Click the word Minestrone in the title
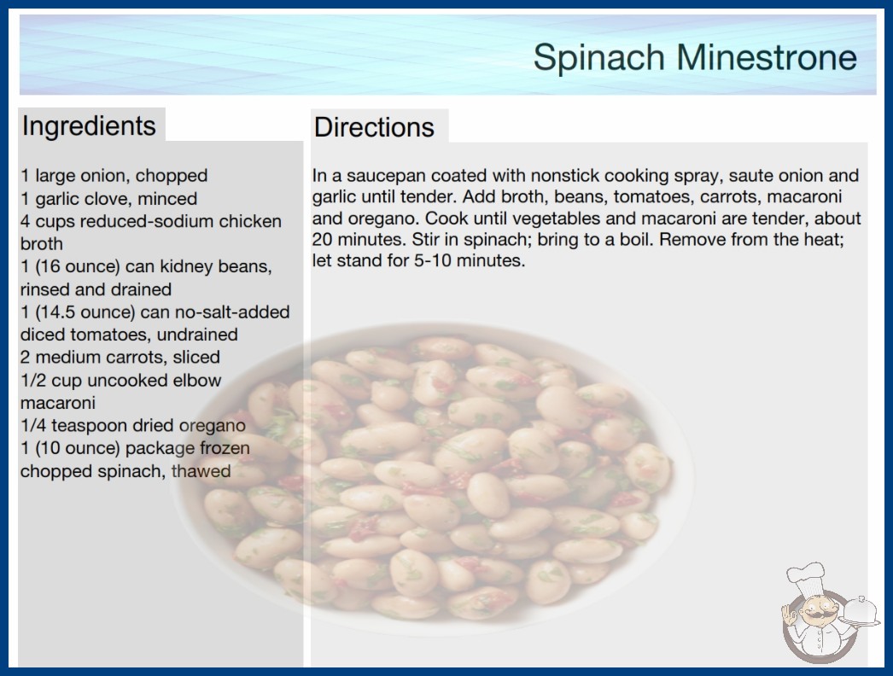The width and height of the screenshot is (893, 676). coord(767,57)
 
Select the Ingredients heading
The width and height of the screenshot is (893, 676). coord(89,126)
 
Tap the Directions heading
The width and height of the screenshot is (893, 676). coord(374,127)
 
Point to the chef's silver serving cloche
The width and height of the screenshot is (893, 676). coord(861,611)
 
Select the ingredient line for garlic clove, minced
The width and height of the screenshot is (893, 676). coord(108,198)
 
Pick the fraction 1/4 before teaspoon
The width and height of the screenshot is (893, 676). coord(33,425)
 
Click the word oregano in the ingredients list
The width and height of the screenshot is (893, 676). coord(212,426)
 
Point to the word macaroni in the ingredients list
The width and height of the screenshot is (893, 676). coord(57,403)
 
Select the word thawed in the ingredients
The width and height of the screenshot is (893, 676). coord(201,471)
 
